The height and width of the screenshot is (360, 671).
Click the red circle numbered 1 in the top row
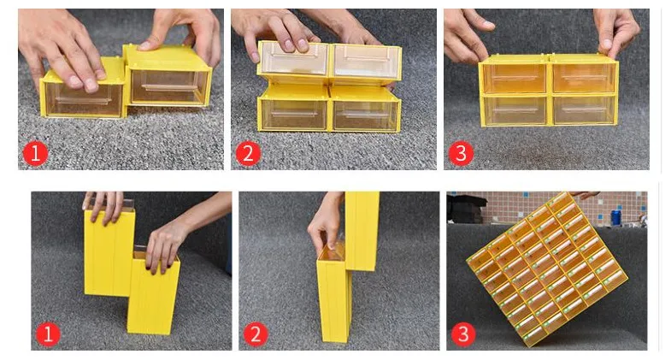click(36, 153)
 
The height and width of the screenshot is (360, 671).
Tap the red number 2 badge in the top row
click(248, 153)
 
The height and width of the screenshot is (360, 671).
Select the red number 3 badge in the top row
click(461, 153)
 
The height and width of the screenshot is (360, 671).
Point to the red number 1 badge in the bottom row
click(48, 334)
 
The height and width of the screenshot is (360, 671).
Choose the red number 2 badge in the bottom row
click(256, 334)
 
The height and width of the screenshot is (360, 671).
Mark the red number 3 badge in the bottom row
click(463, 334)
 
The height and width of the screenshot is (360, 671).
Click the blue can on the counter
click(615, 217)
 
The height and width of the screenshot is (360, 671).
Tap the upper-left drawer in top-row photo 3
click(514, 78)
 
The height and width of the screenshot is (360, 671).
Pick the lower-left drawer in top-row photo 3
click(515, 110)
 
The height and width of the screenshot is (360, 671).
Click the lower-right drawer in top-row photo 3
click(584, 110)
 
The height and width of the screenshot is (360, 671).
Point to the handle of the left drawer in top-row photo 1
click(83, 101)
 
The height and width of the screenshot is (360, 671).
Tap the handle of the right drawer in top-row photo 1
click(168, 87)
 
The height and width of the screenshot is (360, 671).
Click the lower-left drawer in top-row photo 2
click(294, 115)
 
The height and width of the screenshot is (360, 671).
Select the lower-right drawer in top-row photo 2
click(365, 115)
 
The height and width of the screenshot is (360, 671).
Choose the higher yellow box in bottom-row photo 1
click(109, 251)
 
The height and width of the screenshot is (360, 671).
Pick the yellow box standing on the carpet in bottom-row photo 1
click(153, 293)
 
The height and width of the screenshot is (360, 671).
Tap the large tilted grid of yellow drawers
click(547, 269)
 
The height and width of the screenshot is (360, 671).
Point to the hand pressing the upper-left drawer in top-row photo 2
click(278, 33)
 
